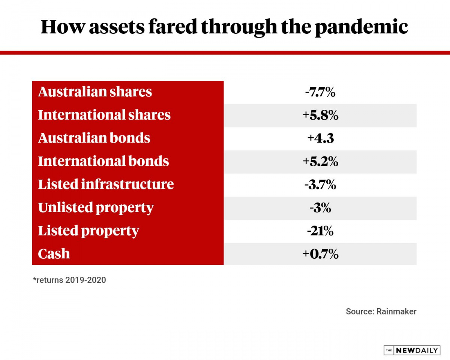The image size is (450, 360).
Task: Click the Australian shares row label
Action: pos(95,92)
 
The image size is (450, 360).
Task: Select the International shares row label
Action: pos(104,115)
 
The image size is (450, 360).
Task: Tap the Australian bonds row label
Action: pos(94,138)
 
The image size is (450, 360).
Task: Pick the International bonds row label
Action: pos(103,161)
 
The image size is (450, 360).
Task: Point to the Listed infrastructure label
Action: pos(106,184)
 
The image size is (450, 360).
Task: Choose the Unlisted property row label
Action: pos(96,208)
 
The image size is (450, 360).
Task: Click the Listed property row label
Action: pos(88,231)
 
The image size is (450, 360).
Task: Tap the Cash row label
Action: pos(54,254)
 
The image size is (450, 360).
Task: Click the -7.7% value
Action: pos(320,92)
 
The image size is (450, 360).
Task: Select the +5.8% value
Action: pos(320,115)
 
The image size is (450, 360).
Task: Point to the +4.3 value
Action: pos(320,138)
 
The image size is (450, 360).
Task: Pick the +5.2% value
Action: pos(320,162)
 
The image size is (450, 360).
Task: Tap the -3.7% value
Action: pos(320,185)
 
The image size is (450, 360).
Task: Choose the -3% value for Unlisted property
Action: pos(320,208)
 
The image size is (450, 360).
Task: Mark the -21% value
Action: pos(320,231)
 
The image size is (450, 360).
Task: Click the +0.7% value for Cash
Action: pos(320,254)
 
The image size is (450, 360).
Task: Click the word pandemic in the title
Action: pos(361,27)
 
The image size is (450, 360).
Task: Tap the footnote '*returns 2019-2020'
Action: pos(69,280)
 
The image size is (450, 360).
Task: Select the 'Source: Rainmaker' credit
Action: pos(381,312)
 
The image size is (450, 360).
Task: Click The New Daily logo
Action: pos(411,350)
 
